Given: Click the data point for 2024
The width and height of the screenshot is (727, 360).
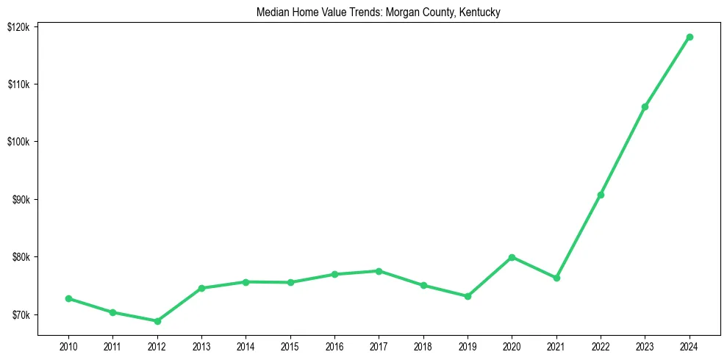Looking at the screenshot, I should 690,37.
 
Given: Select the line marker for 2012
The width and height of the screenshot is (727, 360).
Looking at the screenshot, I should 157,321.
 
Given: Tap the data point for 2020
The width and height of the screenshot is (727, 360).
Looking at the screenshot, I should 512,257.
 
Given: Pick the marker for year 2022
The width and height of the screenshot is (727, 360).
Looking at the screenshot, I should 601,195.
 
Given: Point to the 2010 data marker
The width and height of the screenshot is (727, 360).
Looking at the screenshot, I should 68,298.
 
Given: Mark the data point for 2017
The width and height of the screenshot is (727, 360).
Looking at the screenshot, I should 379,271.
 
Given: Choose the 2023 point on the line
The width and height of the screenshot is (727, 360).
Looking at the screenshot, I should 645,107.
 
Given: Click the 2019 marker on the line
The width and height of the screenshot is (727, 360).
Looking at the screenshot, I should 468,296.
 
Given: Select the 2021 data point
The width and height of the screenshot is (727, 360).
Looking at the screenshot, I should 556,278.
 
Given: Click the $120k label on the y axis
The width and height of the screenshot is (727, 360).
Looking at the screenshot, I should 18,26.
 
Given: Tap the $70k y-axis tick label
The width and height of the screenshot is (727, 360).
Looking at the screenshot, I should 20,315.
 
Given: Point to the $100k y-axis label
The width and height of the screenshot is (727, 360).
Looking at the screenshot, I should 18,142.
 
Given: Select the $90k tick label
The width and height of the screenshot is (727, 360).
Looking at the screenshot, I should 20,200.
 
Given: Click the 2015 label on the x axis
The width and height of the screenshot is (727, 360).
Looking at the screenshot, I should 290,346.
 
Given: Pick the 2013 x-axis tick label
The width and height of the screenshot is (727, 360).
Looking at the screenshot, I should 201,346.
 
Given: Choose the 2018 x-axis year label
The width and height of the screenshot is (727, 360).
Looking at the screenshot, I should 423,346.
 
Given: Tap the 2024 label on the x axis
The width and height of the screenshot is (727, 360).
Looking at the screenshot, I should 690,346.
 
